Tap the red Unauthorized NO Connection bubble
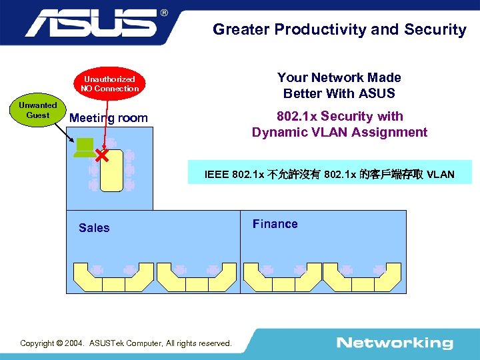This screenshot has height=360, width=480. pyautogui.click(x=110, y=83)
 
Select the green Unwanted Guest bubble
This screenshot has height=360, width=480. pyautogui.click(x=37, y=110)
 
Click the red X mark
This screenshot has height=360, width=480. pyautogui.click(x=101, y=157)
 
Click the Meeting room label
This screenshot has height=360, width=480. pyautogui.click(x=109, y=118)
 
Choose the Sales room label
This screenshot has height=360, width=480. pyautogui.click(x=94, y=228)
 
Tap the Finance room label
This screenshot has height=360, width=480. pyautogui.click(x=275, y=224)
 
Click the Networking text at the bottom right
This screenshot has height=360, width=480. pyautogui.click(x=395, y=343)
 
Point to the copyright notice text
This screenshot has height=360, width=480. pyautogui.click(x=126, y=343)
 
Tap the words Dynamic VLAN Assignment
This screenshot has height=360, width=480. pyautogui.click(x=339, y=132)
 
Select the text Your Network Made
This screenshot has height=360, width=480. pyautogui.click(x=339, y=77)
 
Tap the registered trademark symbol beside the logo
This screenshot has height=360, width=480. pyautogui.click(x=165, y=13)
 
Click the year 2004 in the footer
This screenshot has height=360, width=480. pyautogui.click(x=73, y=343)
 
